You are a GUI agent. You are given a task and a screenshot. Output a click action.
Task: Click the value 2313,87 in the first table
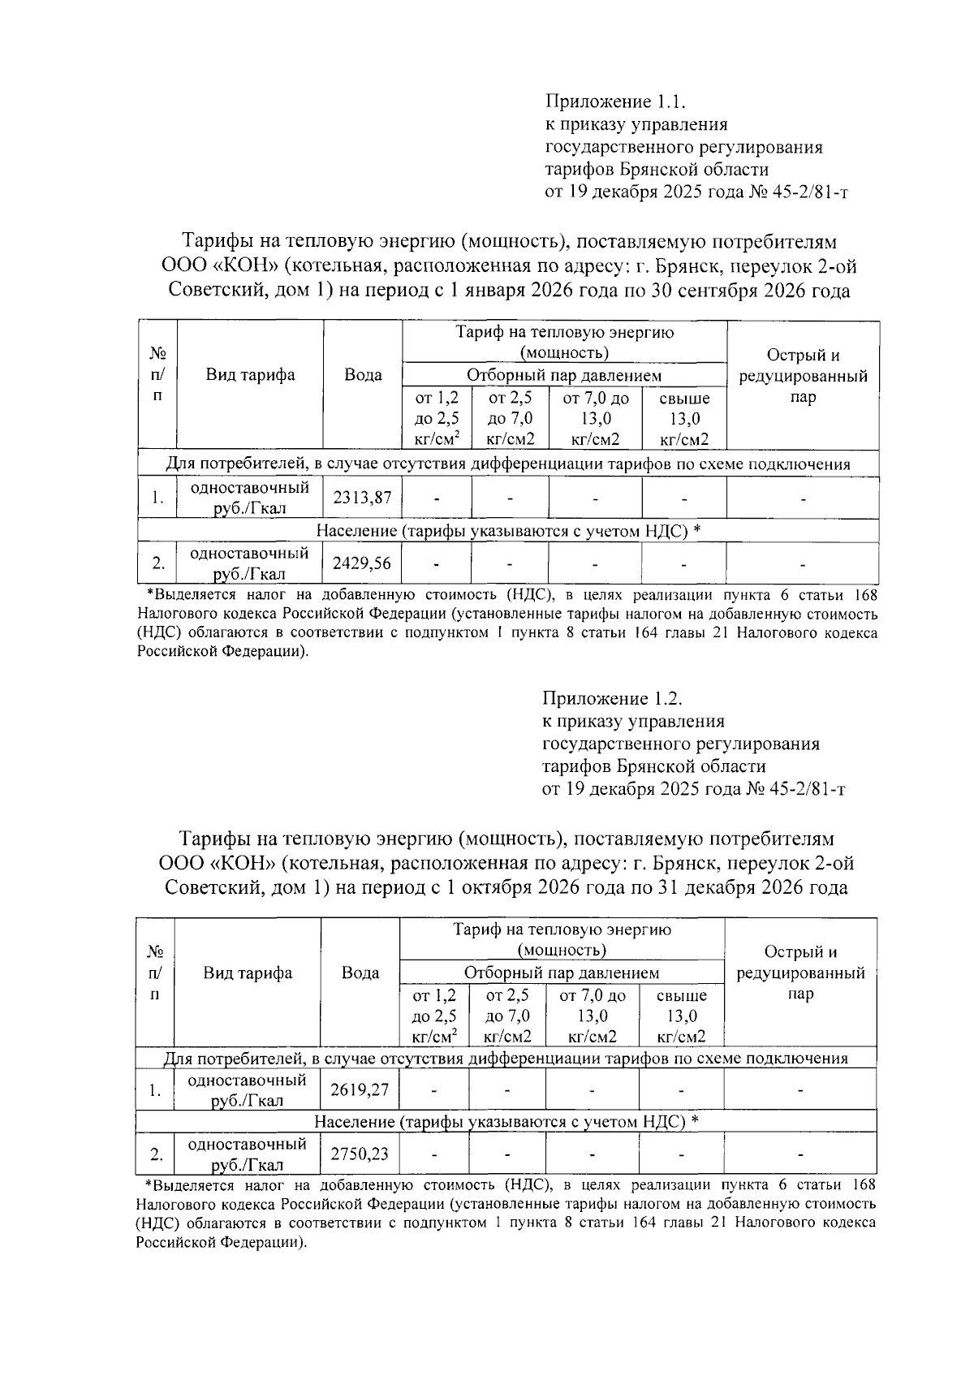click(362, 497)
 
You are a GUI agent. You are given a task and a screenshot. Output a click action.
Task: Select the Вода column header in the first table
click(363, 375)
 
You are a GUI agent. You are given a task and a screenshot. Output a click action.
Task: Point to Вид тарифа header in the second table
click(248, 973)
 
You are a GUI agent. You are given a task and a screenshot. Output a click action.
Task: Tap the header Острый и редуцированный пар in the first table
click(803, 376)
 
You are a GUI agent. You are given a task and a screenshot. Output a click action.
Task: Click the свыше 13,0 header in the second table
click(681, 1016)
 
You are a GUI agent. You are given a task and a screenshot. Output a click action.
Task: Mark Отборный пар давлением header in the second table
click(562, 973)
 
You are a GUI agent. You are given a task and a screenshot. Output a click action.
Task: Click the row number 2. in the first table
click(158, 563)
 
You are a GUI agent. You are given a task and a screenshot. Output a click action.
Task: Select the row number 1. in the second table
click(155, 1090)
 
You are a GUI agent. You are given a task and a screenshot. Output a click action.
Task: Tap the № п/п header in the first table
click(158, 375)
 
